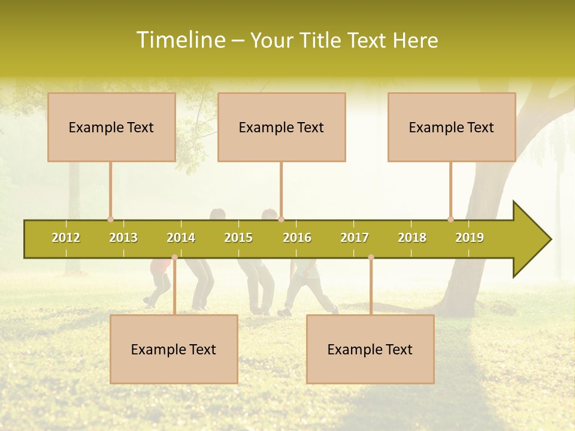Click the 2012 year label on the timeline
point(66,238)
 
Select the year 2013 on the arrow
point(123,238)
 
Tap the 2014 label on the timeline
point(181,238)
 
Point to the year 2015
point(238,238)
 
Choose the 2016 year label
point(297,238)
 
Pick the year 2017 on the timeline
point(355,238)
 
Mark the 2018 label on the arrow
point(412,238)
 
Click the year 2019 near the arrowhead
point(470,238)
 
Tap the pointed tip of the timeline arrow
point(549,239)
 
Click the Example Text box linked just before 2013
point(111,127)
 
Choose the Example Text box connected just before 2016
point(282,127)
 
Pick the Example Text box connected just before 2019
point(452,127)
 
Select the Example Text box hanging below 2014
point(174,349)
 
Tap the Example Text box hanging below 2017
point(370,349)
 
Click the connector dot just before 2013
point(110,219)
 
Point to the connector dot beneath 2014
point(174,257)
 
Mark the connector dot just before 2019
point(450,219)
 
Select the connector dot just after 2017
point(371,257)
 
